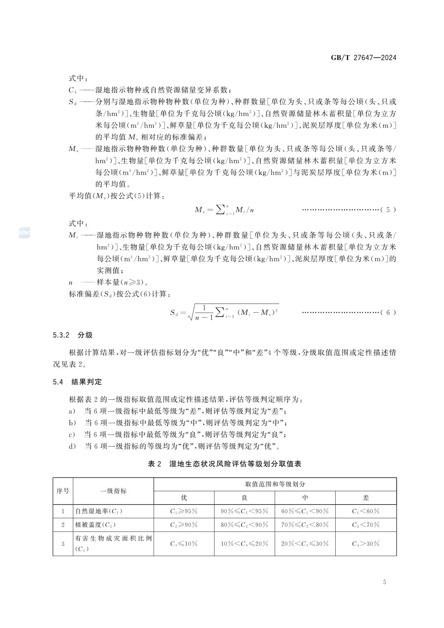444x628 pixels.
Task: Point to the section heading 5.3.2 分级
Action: [x=73, y=335]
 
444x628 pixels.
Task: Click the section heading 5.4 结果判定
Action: [x=77, y=382]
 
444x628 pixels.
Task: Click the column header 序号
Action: [x=63, y=491]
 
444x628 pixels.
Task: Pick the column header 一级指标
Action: [x=113, y=491]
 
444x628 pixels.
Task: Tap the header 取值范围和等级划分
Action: [x=275, y=484]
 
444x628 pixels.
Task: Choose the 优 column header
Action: [x=184, y=498]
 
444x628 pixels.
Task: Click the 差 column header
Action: [x=366, y=498]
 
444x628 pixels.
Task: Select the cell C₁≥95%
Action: [x=184, y=511]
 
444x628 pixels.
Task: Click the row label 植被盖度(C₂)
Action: [x=96, y=525]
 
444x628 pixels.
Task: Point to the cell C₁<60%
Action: [x=366, y=511]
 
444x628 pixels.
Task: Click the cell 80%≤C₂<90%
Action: [x=244, y=525]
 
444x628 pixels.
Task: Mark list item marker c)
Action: [x=73, y=435]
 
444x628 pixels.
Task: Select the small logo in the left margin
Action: [x=24, y=233]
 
